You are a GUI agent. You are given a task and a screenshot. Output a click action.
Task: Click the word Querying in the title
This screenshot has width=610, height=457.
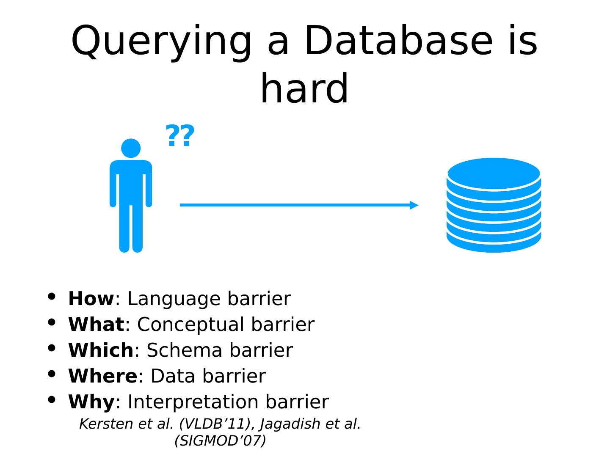pyautogui.click(x=161, y=41)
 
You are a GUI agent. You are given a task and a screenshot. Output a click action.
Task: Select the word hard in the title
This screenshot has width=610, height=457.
pyautogui.click(x=304, y=89)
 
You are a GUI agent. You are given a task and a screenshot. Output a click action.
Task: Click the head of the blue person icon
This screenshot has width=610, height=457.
pyautogui.click(x=131, y=149)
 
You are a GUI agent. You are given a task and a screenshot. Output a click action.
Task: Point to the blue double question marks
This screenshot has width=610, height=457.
pyautogui.click(x=180, y=136)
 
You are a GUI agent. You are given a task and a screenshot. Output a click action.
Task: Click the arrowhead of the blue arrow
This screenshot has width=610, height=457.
pyautogui.click(x=414, y=205)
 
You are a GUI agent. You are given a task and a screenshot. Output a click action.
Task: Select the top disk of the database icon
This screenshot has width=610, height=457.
pyautogui.click(x=494, y=173)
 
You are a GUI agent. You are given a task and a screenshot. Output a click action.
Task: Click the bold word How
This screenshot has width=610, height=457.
pyautogui.click(x=91, y=299)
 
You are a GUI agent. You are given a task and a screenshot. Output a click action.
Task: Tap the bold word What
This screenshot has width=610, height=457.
pyautogui.click(x=96, y=325)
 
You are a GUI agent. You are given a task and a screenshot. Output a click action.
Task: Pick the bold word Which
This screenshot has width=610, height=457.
pyautogui.click(x=101, y=350)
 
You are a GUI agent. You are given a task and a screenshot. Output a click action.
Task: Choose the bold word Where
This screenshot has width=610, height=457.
pyautogui.click(x=102, y=376)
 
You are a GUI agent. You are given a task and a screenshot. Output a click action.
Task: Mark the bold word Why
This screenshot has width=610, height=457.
pyautogui.click(x=91, y=402)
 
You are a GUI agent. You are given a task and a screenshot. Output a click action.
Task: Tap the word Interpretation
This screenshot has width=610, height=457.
pyautogui.click(x=193, y=402)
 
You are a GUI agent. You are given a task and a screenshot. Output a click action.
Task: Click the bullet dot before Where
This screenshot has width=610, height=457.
pyautogui.click(x=52, y=374)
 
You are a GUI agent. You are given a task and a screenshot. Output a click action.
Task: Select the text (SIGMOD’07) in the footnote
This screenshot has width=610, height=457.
pyautogui.click(x=220, y=441)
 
